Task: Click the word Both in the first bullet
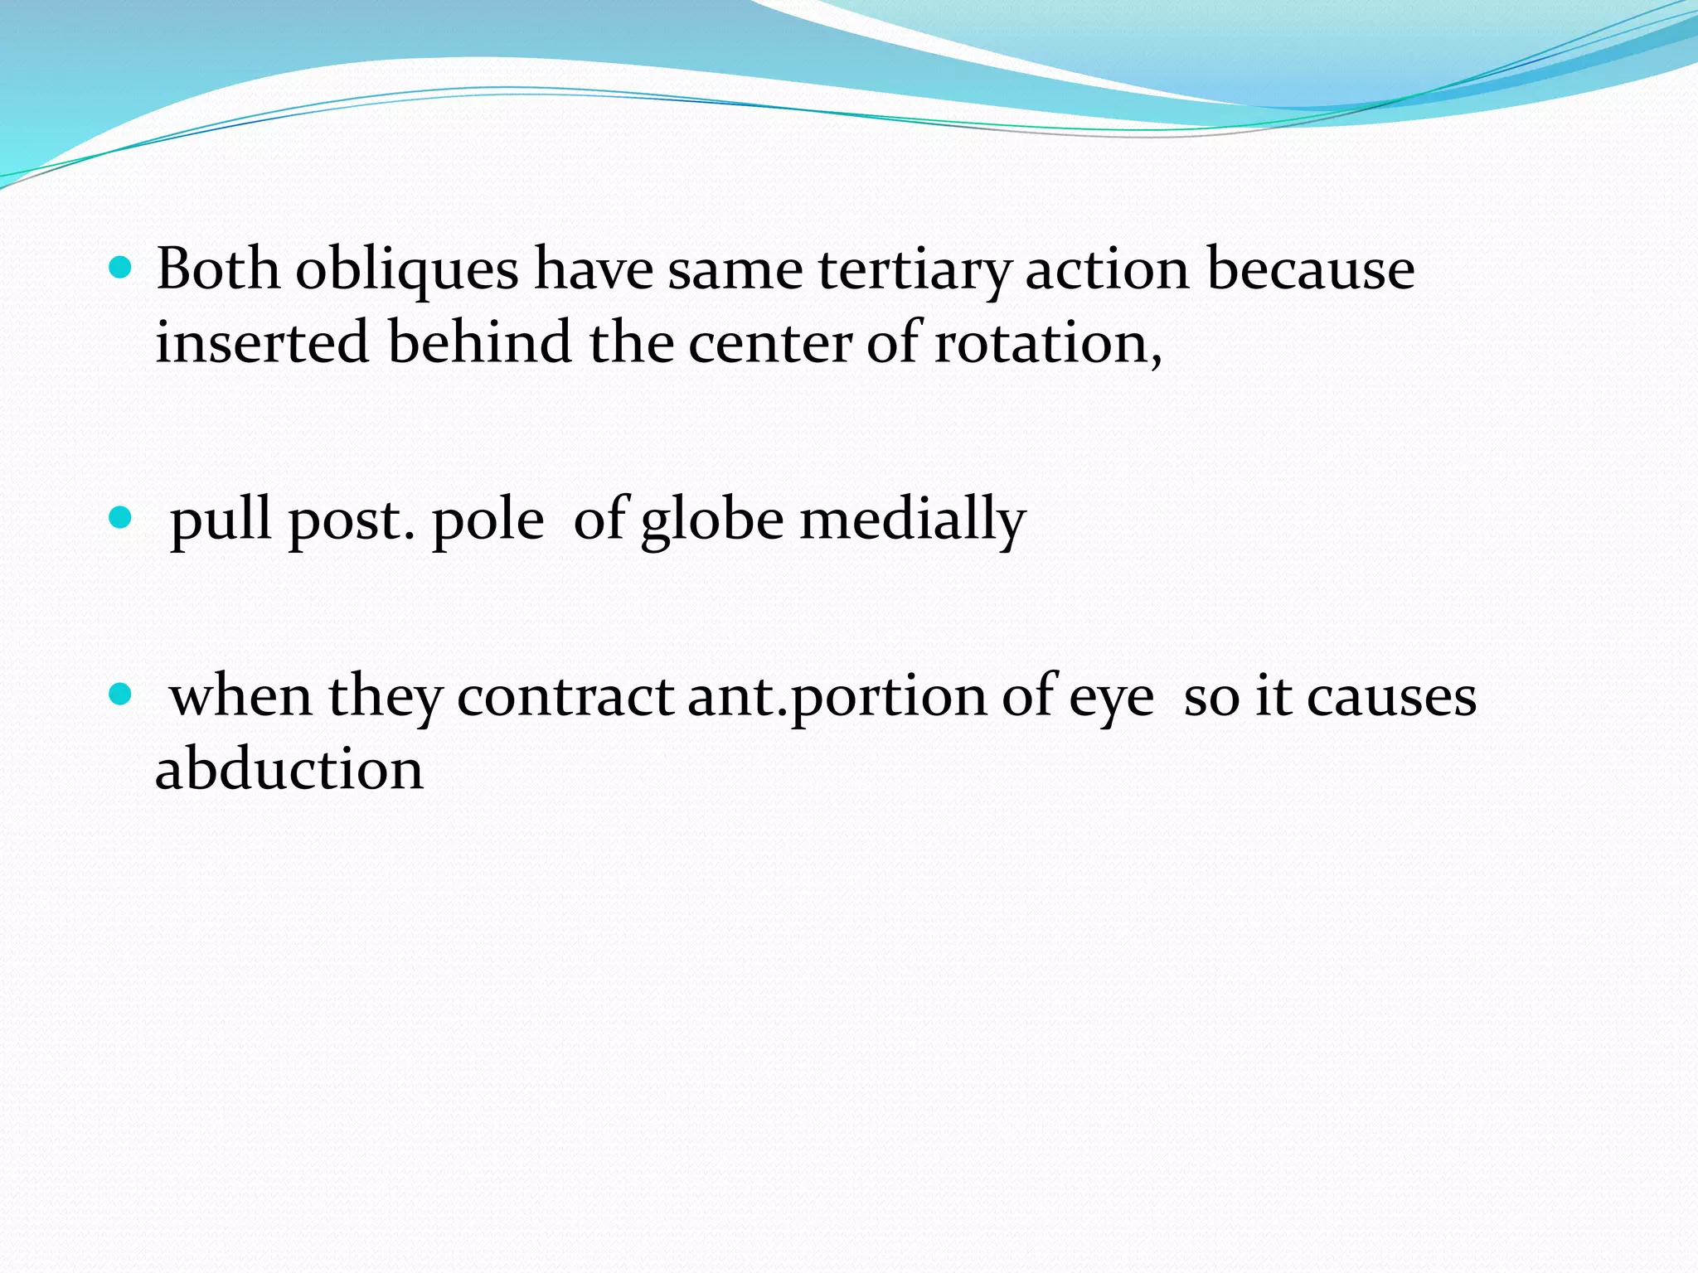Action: coord(218,269)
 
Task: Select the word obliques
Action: coord(407,269)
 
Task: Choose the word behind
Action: coord(480,342)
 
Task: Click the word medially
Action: coord(912,520)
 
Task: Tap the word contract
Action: coord(565,697)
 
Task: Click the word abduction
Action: coord(289,768)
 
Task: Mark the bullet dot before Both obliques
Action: coord(120,268)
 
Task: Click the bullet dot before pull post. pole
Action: coord(120,518)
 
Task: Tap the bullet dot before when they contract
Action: coord(120,694)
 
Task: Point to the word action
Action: coord(1108,269)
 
